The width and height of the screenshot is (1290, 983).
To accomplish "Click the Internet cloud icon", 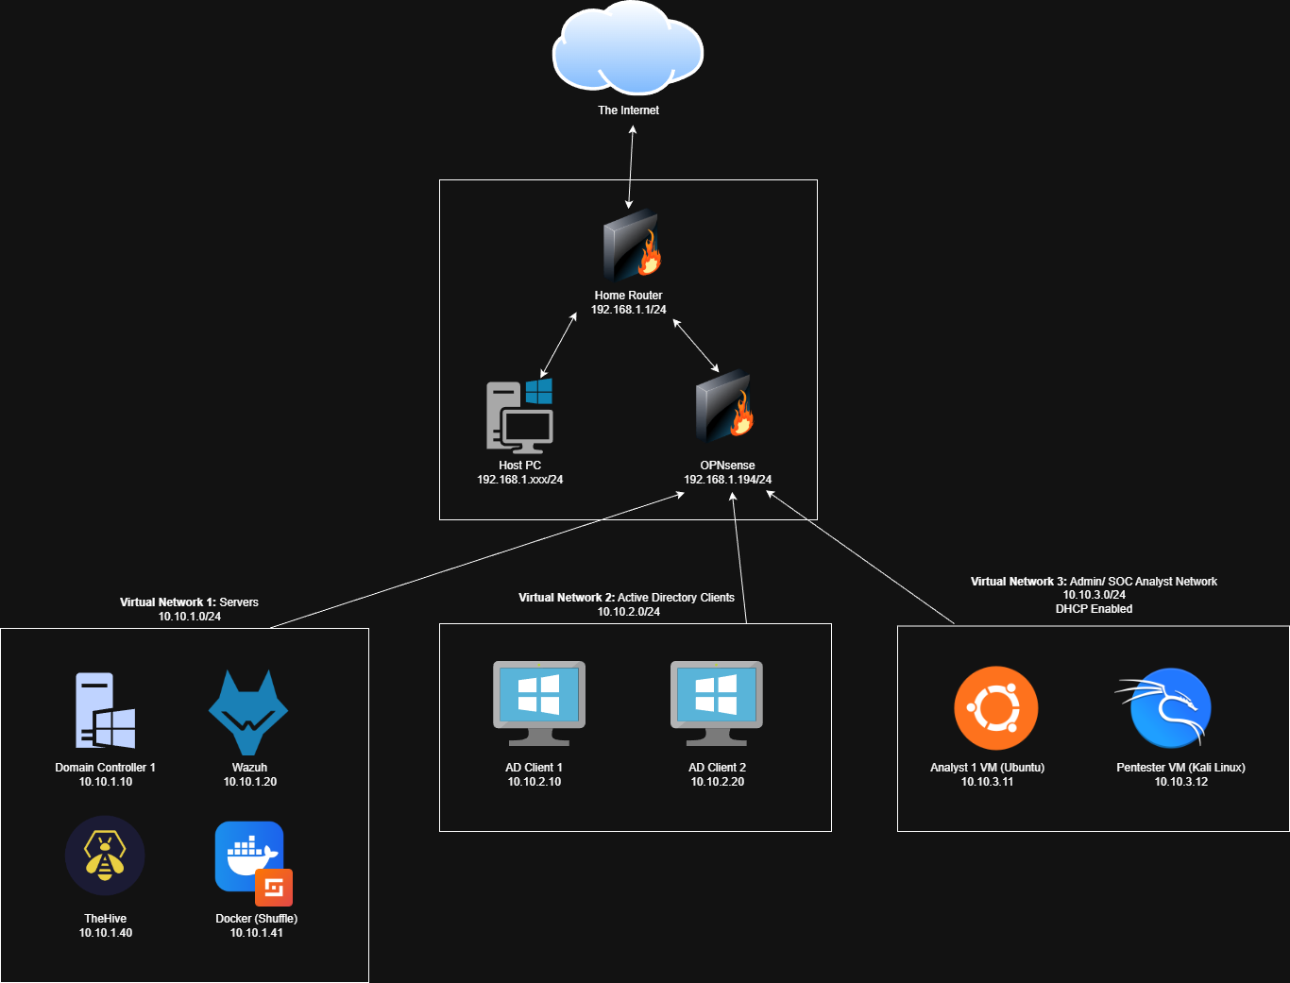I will point(628,49).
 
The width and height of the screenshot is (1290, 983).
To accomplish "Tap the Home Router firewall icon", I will point(631,246).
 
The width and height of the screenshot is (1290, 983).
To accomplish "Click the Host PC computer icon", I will point(518,415).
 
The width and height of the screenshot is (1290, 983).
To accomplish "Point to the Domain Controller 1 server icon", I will point(105,710).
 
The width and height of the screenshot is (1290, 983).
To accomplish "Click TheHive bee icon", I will point(105,856).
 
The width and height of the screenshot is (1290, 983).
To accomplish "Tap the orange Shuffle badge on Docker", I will point(274,888).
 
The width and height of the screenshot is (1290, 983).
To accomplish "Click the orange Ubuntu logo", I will point(995,708).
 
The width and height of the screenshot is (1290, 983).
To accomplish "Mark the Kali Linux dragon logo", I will point(1169,708).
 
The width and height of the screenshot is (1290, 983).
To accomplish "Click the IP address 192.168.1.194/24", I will point(727,480).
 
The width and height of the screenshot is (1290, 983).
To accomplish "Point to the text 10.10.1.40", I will point(106,933).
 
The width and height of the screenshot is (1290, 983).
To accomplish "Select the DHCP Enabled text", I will point(1094,609).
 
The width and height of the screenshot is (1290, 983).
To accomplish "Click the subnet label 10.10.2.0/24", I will point(628,612).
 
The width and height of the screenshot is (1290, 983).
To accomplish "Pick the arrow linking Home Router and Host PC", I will point(559,346).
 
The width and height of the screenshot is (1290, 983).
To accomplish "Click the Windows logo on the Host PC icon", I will point(539,391).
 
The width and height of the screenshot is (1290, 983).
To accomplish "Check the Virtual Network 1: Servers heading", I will point(189,602).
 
